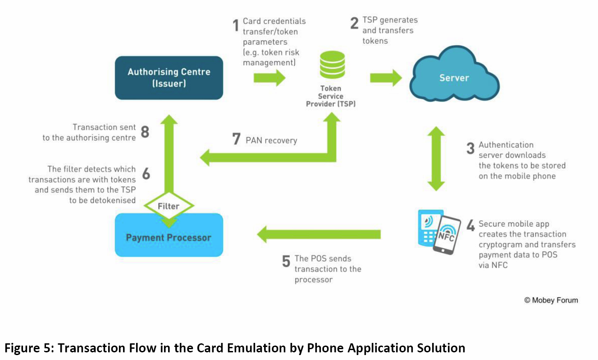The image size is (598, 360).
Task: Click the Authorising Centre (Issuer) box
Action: [169, 77]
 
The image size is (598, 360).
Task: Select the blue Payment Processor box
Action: [169, 237]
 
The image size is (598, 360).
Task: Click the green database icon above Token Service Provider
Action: [332, 66]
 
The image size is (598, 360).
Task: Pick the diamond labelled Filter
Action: [169, 206]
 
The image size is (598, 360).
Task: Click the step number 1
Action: [235, 25]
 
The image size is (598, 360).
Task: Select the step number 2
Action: [355, 23]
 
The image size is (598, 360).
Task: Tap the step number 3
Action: [470, 148]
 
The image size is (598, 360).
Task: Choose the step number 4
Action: [470, 226]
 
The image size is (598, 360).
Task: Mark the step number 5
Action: [286, 262]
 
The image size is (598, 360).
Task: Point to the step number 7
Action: [236, 139]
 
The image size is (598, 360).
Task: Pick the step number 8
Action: [145, 132]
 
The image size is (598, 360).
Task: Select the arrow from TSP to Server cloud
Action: [386, 77]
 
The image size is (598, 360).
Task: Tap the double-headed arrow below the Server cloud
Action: [436, 158]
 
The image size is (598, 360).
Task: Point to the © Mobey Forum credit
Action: [551, 300]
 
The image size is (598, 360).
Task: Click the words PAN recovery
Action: [271, 141]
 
